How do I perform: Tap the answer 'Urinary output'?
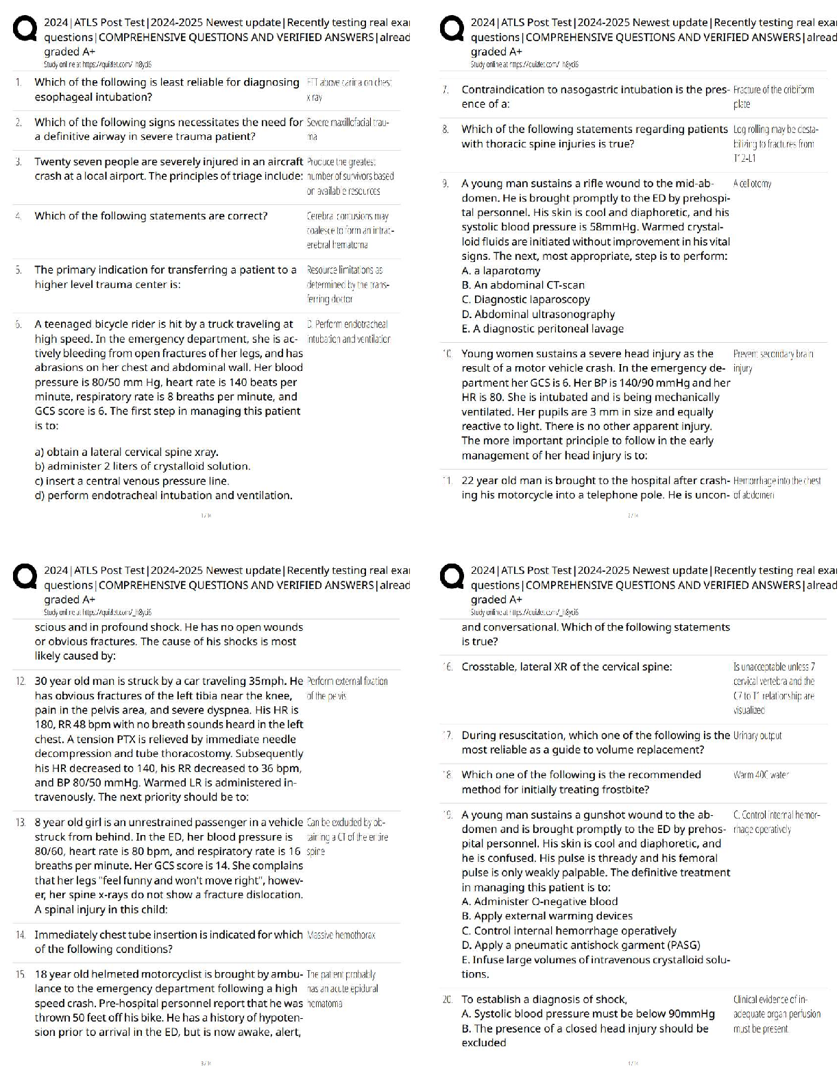pyautogui.click(x=757, y=736)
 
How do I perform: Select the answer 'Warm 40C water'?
pyautogui.click(x=761, y=775)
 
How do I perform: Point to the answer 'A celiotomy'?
pyautogui.click(x=752, y=184)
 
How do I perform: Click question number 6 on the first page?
pyautogui.click(x=19, y=324)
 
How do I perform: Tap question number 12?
pyautogui.click(x=21, y=681)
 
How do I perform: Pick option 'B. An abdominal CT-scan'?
pyautogui.click(x=523, y=285)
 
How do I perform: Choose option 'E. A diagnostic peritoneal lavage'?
pyautogui.click(x=542, y=329)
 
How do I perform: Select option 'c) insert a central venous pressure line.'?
pyautogui.click(x=132, y=481)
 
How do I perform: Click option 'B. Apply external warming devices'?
pyautogui.click(x=547, y=916)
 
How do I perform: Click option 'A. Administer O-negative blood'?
pyautogui.click(x=539, y=902)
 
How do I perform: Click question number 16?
pyautogui.click(x=448, y=667)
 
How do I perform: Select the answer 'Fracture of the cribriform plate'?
pyautogui.click(x=773, y=97)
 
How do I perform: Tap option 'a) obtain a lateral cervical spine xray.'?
pyautogui.click(x=126, y=452)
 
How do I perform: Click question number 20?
pyautogui.click(x=448, y=1000)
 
